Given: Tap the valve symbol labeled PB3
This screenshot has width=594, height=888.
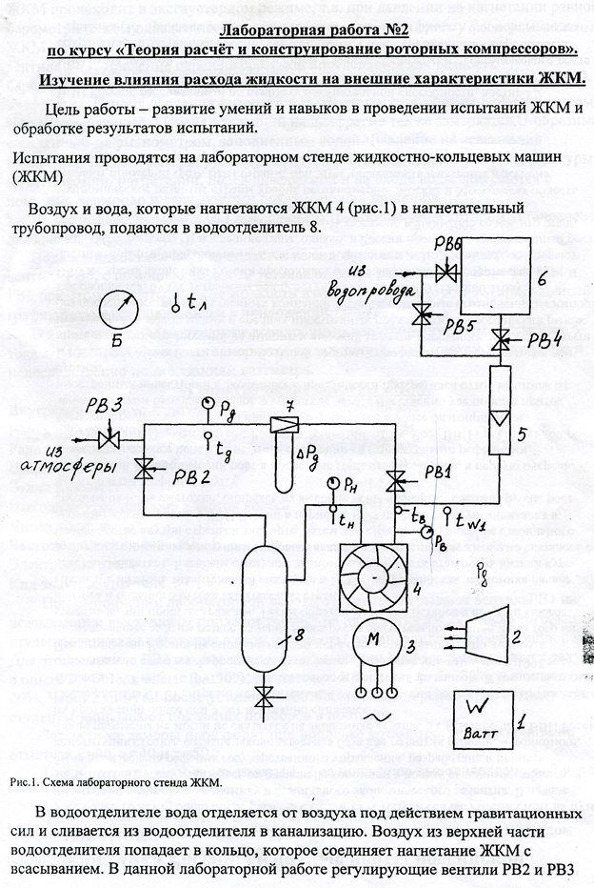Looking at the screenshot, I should [108, 439].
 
